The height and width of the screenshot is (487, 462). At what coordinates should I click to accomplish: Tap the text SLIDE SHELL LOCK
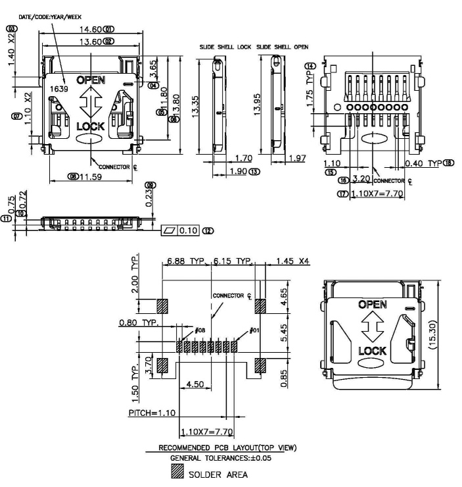225,47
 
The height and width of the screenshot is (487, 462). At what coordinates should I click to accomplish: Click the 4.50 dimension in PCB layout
193,384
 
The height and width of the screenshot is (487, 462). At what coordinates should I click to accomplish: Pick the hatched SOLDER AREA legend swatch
175,473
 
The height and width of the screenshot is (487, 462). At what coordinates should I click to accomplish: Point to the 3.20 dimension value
359,179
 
